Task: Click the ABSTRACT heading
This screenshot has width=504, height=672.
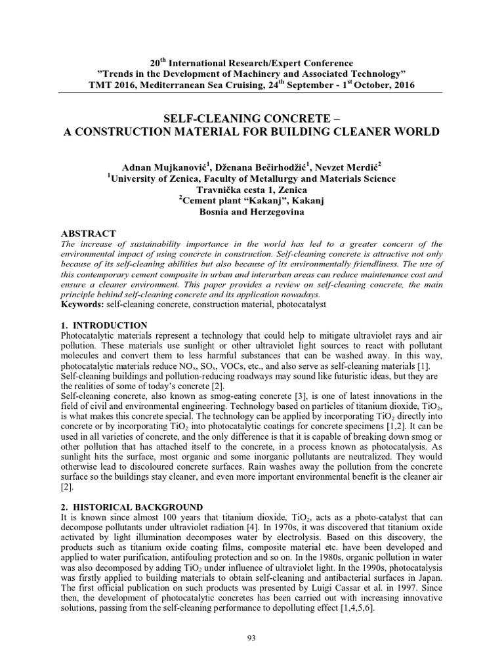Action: coord(89,234)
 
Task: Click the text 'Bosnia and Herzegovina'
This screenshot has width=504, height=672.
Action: coord(251,212)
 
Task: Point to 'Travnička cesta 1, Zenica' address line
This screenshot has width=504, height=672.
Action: coord(251,190)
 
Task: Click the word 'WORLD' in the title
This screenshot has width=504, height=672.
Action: coord(416,131)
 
